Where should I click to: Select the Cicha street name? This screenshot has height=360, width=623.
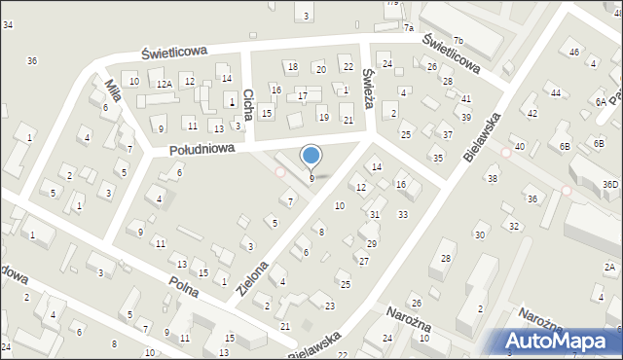[248, 103]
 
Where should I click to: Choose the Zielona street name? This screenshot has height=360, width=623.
[249, 278]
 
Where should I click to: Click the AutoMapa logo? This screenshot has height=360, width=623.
[559, 341]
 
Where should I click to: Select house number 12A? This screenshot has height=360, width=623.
[165, 85]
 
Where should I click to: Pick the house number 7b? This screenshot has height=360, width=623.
[458, 39]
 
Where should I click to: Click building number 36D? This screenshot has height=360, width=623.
[610, 185]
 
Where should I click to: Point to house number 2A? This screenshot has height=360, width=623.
[610, 267]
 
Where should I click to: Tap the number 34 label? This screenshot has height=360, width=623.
[8, 23]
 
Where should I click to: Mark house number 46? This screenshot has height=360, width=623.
[574, 52]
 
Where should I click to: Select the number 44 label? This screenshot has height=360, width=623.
[555, 92]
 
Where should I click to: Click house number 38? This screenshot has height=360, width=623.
[493, 179]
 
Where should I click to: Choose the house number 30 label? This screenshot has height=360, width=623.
[479, 235]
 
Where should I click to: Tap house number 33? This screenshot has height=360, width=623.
[403, 214]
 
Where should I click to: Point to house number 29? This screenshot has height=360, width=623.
[371, 243]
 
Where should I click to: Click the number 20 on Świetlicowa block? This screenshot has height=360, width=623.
[319, 68]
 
